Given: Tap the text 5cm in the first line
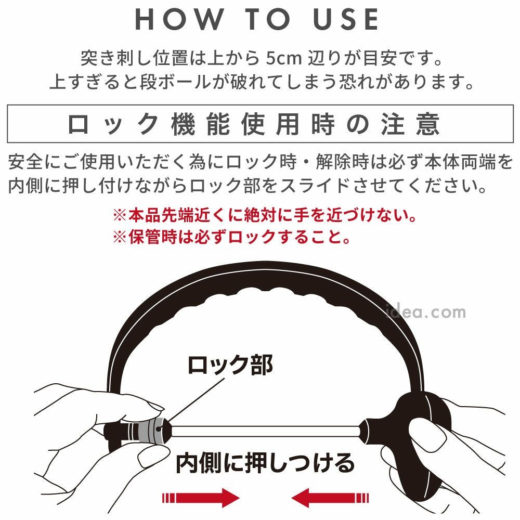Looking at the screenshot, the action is pos(284,59).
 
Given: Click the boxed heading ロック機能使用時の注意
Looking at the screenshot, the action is pos(254,124).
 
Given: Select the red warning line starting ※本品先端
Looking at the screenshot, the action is pos(264,215).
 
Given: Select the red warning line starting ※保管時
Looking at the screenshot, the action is pos(231,237).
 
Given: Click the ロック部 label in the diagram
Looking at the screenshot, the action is pos(230,365).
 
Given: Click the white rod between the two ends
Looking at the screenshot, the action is pos(265,431).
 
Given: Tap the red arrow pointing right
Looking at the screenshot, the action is pos(201,498).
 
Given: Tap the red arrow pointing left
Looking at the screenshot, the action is pos(330,498).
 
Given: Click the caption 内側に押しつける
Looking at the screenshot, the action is pos(265,463).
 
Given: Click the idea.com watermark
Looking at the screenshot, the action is pos(426,311).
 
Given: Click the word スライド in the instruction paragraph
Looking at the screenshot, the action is pos(315,186).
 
